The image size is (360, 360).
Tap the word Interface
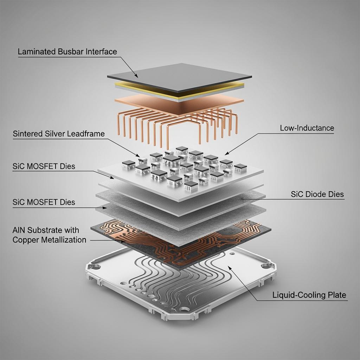101,51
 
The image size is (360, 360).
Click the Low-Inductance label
307,128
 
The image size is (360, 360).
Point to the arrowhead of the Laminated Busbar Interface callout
136,76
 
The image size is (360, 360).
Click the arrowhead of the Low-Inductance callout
227,153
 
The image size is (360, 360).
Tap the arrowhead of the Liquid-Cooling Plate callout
229,268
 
